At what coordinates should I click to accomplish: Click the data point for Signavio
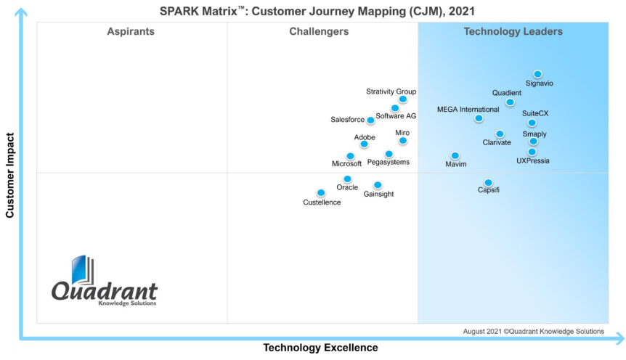537,74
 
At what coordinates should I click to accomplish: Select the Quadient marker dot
510,102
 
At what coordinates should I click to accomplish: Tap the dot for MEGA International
479,118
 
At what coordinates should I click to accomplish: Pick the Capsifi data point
488,183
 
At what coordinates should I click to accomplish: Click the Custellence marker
321,193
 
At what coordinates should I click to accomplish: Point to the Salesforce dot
370,120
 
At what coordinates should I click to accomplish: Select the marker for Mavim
455,155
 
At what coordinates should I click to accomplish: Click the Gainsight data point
378,185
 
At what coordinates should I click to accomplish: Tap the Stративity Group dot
403,99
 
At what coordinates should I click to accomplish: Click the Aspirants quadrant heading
131,31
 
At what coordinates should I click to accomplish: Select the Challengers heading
319,31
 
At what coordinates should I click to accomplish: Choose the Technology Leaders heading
513,31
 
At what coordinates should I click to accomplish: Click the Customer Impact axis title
10,175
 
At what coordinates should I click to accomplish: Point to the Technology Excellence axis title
320,348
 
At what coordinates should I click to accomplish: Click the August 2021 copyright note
533,331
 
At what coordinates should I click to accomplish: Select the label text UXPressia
532,160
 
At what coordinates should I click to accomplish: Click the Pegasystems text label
388,162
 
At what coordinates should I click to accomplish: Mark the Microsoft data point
350,156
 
